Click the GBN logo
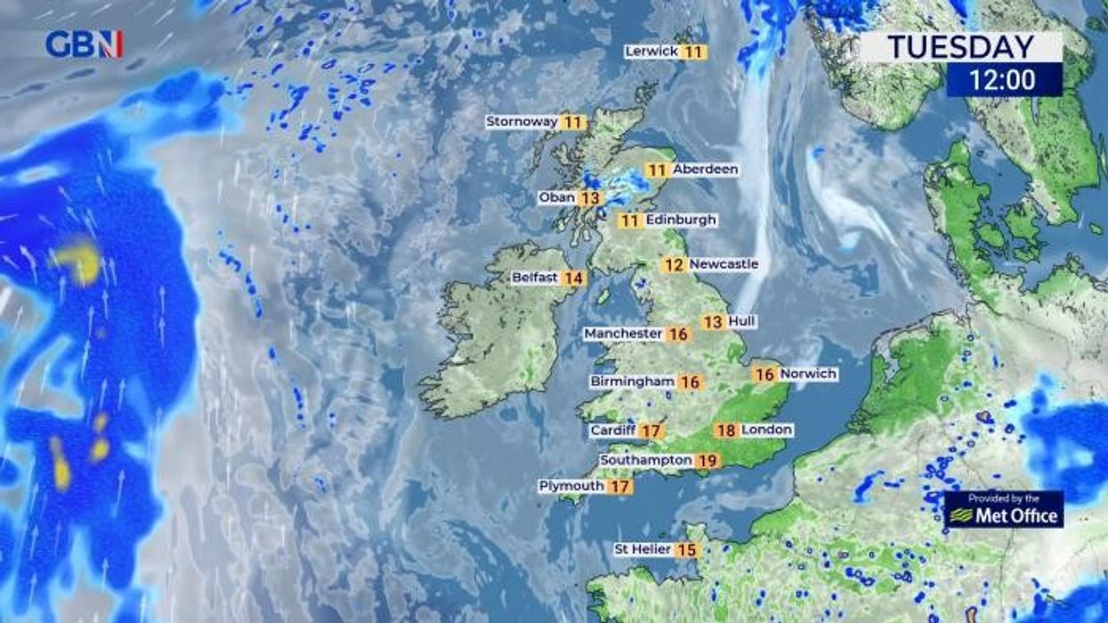84,44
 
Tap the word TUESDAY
961,47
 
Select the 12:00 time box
1003,80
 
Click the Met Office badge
1004,510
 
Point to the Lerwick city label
651,52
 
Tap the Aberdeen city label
705,169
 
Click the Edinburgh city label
681,220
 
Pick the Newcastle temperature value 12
675,264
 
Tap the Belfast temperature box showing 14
574,278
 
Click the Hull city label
741,320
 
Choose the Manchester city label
623,334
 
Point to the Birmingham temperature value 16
690,382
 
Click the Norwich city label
808,374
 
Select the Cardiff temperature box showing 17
651,431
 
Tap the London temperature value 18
726,431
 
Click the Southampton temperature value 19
708,460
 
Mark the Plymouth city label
571,486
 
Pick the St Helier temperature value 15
686,550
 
